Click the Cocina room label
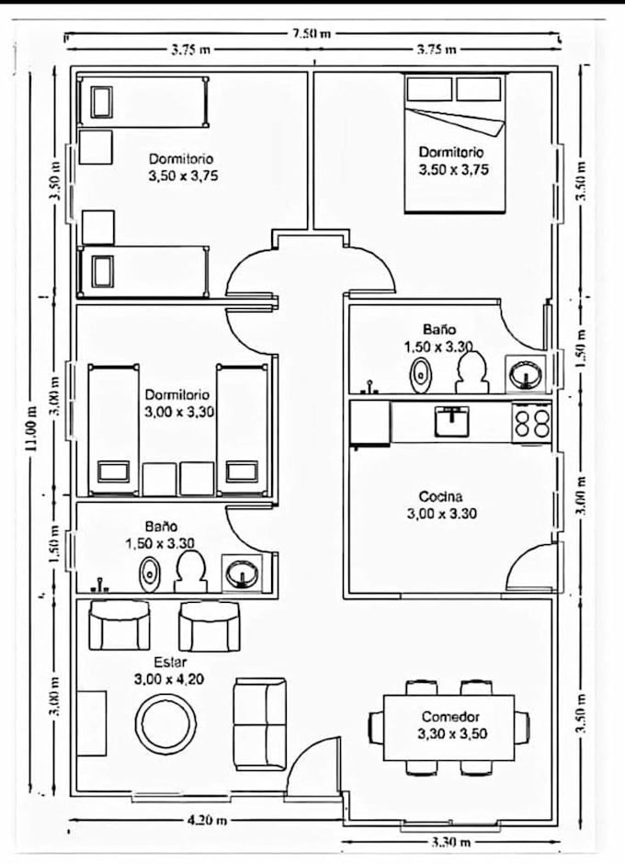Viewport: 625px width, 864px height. [441, 497]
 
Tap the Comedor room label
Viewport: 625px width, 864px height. [451, 717]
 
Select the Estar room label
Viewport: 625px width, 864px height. [170, 662]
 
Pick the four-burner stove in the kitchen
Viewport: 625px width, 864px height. [532, 422]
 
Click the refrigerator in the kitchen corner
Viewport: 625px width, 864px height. [370, 423]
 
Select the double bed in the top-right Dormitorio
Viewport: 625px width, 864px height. [455, 143]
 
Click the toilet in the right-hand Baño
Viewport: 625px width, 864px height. [472, 372]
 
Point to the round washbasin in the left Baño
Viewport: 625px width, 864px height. [241, 573]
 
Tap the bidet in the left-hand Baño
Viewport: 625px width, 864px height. [148, 574]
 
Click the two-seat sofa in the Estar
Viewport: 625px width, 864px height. [259, 724]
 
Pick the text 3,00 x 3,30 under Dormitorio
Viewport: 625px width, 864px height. [179, 412]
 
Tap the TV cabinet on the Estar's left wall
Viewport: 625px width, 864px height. [92, 723]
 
